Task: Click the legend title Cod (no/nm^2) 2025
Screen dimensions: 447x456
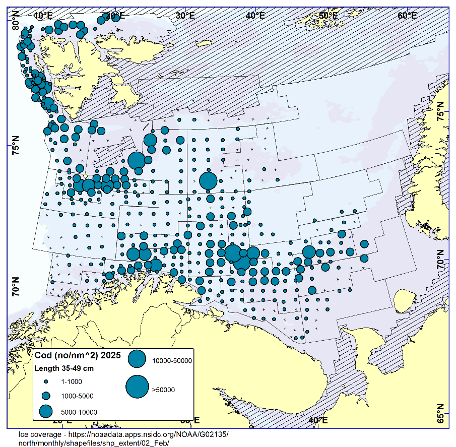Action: pyautogui.click(x=77, y=355)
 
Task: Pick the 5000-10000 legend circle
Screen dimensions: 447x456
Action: pyautogui.click(x=46, y=411)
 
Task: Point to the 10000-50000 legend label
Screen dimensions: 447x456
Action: pyautogui.click(x=172, y=361)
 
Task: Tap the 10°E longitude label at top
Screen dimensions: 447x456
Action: pyautogui.click(x=44, y=16)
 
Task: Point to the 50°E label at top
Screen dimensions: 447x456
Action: pyautogui.click(x=328, y=16)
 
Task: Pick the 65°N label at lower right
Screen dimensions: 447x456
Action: pyautogui.click(x=440, y=413)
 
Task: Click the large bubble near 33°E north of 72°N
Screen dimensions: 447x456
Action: pyautogui.click(x=208, y=181)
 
